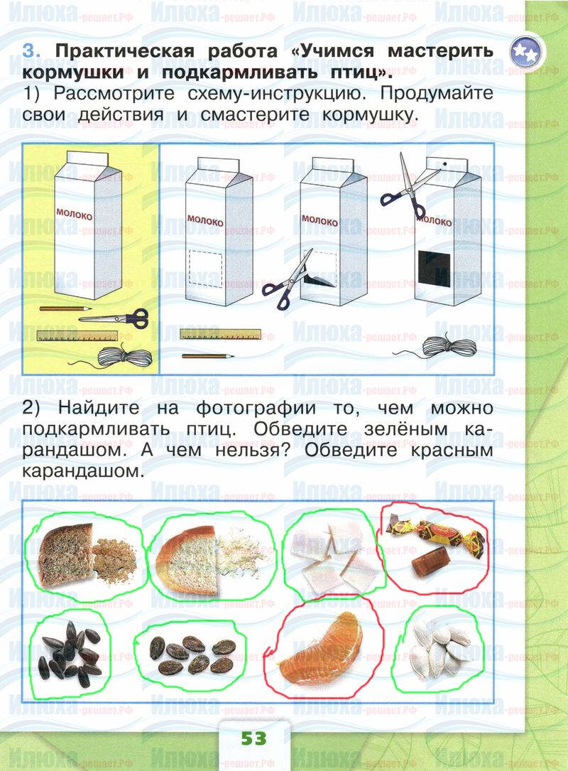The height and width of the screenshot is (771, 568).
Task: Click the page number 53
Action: pos(253,738)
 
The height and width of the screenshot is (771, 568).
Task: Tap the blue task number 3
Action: pos(31,51)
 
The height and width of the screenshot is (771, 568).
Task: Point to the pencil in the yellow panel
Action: pos(65,309)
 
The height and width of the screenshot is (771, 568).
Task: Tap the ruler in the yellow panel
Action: pos(77,336)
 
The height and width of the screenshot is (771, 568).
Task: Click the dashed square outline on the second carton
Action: pos(206,268)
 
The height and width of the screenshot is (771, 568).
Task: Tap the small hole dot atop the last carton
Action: pos(444,163)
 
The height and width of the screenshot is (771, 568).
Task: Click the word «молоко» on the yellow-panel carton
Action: pos(74,215)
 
